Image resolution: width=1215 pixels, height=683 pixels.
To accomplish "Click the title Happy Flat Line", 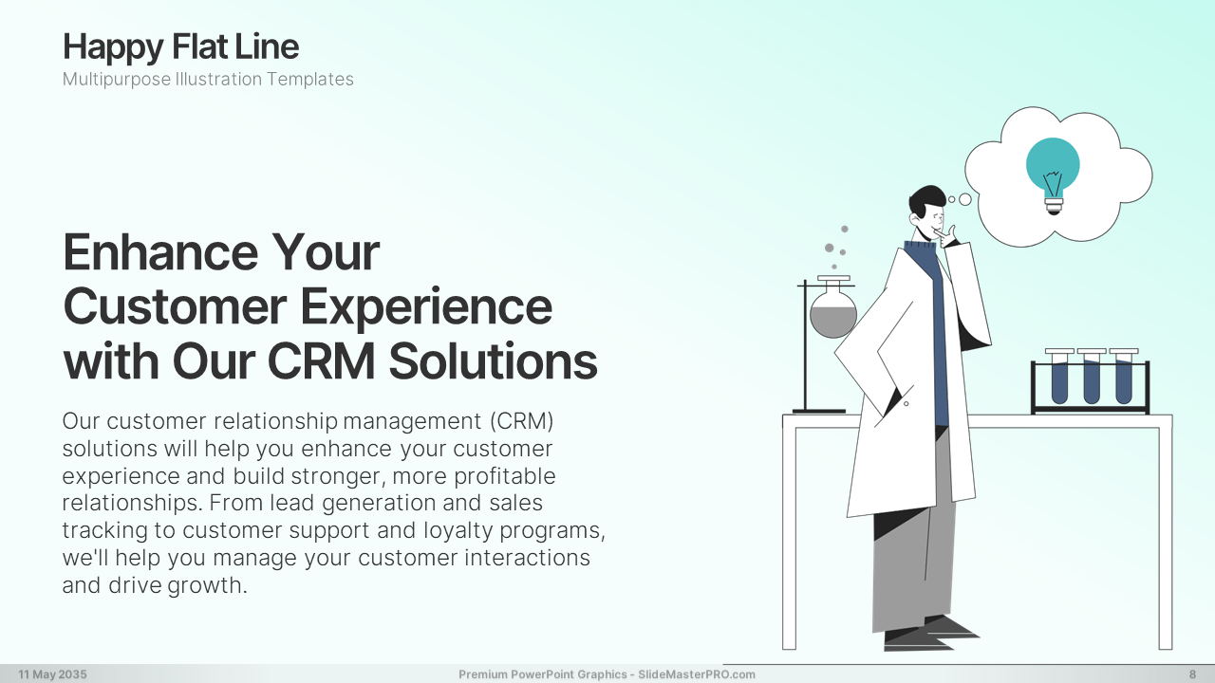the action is tap(180, 47).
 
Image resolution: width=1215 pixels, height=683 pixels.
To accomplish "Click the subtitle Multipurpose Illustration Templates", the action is tap(208, 79).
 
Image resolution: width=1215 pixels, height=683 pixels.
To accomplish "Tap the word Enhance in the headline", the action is tap(160, 252).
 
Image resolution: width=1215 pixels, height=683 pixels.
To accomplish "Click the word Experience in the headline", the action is tap(426, 307).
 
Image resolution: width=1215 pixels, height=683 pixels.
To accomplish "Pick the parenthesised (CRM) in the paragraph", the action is tap(521, 421).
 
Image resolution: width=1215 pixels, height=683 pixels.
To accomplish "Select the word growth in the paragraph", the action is tap(208, 585).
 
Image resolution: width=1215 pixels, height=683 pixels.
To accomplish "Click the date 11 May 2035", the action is tap(52, 674).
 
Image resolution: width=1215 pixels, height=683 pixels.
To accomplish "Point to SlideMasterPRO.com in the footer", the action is tap(697, 674).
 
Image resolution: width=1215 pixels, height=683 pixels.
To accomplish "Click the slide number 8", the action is tap(1193, 674).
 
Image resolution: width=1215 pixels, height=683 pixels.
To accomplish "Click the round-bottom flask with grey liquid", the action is tap(833, 312).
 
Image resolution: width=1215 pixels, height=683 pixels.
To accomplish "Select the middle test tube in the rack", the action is tap(1092, 378).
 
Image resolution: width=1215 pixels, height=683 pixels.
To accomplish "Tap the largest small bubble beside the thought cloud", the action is tap(965, 199).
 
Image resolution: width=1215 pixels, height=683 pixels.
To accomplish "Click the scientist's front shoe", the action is tap(918, 639).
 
